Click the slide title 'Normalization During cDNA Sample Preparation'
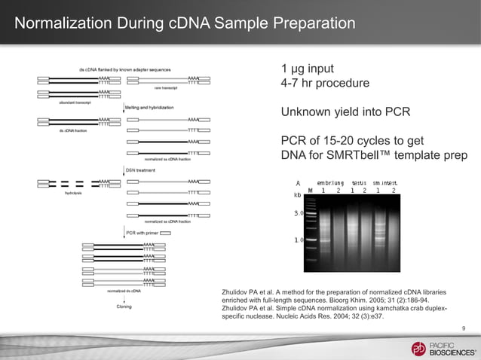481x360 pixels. pyautogui.click(x=184, y=23)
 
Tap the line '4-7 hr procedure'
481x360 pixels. pyautogui.click(x=325, y=83)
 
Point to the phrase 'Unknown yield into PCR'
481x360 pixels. pyautogui.click(x=345, y=112)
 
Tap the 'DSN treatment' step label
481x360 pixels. pyautogui.click(x=140, y=171)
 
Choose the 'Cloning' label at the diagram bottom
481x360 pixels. pyautogui.click(x=124, y=307)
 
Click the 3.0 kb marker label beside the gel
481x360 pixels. pyautogui.click(x=299, y=214)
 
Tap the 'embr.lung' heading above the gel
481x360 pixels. pyautogui.click(x=330, y=182)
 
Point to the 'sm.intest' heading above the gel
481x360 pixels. pyautogui.click(x=384, y=182)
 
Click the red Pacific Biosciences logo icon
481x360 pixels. pyautogui.click(x=418, y=348)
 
